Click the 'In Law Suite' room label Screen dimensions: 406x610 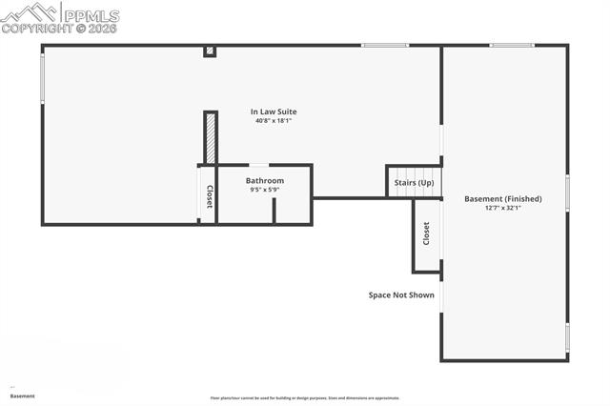point(274,112)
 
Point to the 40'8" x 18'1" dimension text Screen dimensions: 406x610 point(274,121)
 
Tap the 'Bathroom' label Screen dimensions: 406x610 point(264,180)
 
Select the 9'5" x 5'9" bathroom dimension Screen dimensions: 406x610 point(264,190)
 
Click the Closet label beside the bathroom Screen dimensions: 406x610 point(209,196)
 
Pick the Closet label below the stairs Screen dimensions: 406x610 point(426,234)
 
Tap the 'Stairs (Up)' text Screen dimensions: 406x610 point(414,182)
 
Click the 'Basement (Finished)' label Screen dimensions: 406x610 point(502,198)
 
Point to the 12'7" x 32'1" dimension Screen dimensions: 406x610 point(502,208)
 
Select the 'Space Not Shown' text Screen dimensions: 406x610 point(401,295)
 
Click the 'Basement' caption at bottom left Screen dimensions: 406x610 point(23,396)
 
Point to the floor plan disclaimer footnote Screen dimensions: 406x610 point(304,398)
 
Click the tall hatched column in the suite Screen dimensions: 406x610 point(211,138)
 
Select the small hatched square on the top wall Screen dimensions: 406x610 point(210,51)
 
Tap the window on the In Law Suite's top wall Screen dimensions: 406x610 point(385,45)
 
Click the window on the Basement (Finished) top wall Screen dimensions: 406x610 point(512,45)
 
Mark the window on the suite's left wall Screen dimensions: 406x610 point(43,77)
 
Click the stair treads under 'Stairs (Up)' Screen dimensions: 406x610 point(415,192)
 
